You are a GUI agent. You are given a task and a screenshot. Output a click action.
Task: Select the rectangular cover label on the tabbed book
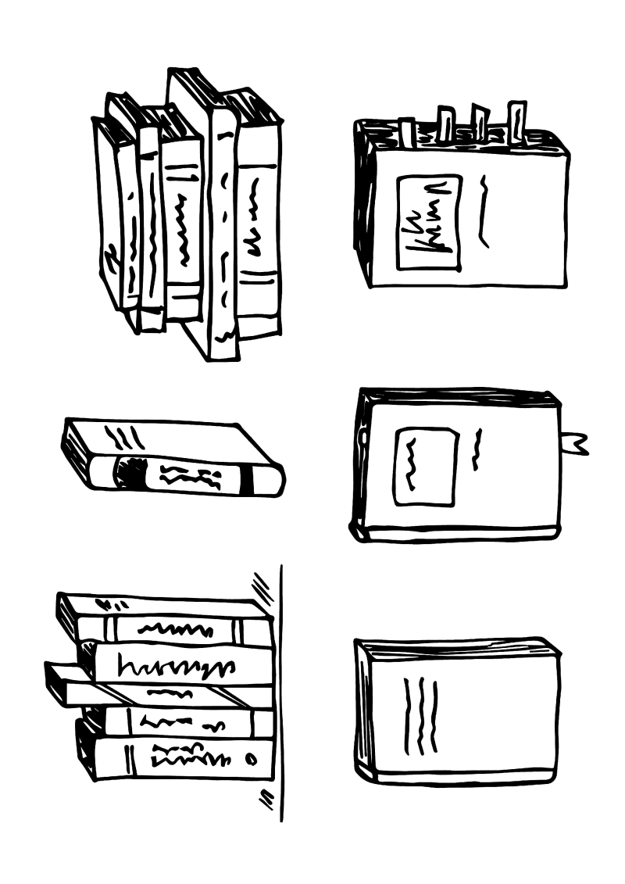428,222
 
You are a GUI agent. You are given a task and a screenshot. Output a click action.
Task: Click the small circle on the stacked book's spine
250,758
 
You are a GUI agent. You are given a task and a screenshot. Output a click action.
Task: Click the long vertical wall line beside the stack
280,696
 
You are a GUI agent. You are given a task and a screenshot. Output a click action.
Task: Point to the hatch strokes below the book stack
266,798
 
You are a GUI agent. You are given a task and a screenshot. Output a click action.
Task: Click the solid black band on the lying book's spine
248,480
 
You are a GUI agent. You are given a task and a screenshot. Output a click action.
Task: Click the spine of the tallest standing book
223,234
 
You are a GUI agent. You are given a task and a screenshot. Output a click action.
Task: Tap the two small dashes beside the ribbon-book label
477,449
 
